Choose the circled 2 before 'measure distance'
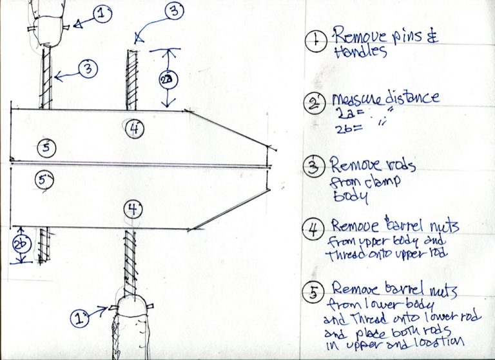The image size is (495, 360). (x=314, y=104)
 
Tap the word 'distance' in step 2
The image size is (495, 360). (x=410, y=99)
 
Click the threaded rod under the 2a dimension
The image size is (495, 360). (x=131, y=81)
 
